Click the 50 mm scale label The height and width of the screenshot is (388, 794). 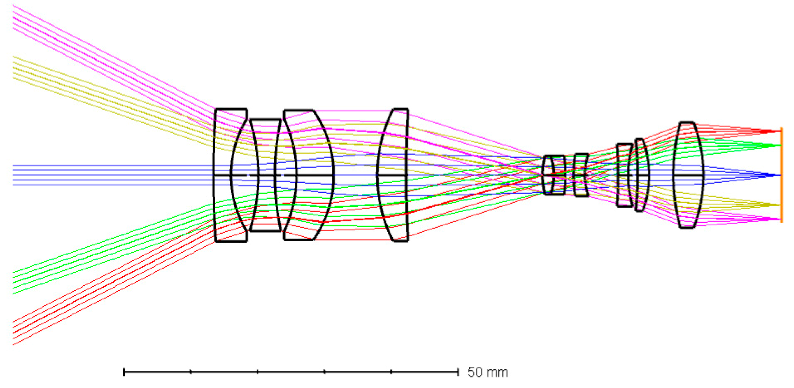[488, 372]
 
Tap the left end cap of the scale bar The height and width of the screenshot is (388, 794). [124, 372]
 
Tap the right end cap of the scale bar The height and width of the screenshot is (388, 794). [458, 372]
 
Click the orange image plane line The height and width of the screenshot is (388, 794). [781, 175]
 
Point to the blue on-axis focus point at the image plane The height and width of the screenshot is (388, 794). [780, 175]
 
